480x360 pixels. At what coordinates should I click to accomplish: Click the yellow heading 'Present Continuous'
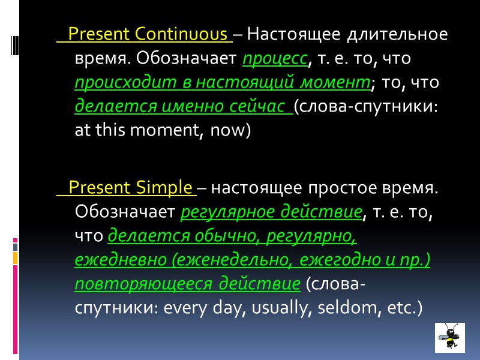(x=150, y=34)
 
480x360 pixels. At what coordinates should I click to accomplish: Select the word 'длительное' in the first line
(x=400, y=34)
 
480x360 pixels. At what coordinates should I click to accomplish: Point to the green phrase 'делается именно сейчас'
(x=179, y=107)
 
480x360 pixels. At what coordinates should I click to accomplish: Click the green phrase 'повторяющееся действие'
(x=187, y=284)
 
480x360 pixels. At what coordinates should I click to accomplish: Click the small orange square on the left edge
(x=16, y=257)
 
